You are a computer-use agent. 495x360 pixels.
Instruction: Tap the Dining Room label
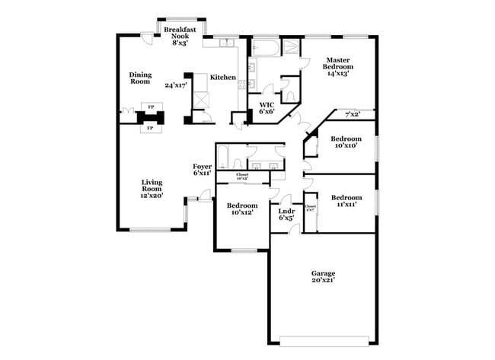140,78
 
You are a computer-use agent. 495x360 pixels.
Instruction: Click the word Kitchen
222,78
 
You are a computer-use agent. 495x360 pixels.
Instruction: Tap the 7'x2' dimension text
353,115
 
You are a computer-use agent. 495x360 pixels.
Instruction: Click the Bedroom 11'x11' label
346,200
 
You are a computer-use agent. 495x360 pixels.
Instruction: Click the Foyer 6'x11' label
202,170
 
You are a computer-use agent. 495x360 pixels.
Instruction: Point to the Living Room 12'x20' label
152,190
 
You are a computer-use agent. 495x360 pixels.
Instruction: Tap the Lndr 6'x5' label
286,214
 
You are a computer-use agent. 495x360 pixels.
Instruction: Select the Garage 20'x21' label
323,277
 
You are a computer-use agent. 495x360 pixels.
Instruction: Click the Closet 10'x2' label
242,177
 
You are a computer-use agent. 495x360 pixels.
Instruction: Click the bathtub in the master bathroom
267,49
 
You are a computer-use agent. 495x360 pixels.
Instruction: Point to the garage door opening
327,339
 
